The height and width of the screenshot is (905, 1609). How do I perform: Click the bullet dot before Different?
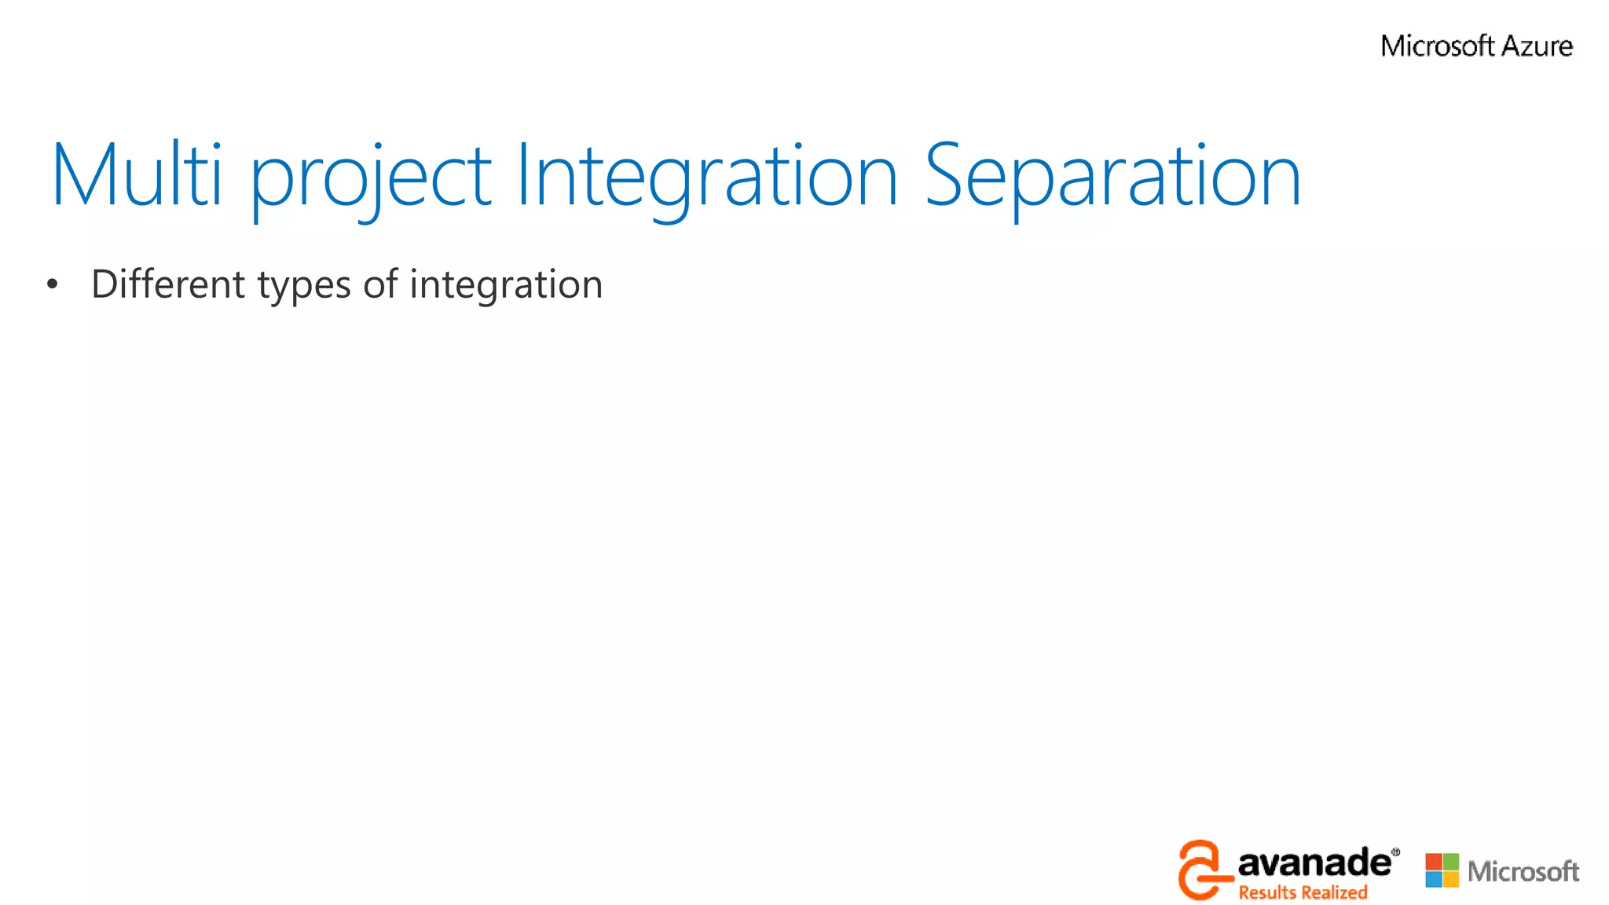point(52,284)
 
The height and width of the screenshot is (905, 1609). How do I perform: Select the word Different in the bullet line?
point(168,284)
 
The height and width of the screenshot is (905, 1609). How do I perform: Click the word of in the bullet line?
point(379,284)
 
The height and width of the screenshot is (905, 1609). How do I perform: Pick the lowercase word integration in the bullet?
point(506,286)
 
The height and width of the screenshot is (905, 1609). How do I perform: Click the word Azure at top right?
point(1537,46)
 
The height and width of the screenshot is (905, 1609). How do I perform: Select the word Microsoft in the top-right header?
point(1437,46)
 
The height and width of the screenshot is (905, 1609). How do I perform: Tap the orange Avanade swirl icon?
point(1200,870)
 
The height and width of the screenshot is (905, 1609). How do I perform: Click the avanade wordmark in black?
point(1314,863)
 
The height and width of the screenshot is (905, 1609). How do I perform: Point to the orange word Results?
point(1266,892)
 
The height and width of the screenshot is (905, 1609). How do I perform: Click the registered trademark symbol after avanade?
point(1395,852)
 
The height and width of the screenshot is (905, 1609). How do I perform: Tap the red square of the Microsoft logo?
point(1434,862)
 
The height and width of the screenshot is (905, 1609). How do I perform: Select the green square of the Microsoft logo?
point(1451,862)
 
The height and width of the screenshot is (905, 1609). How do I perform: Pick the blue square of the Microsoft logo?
point(1434,879)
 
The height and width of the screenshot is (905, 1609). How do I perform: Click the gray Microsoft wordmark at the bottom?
point(1523,871)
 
